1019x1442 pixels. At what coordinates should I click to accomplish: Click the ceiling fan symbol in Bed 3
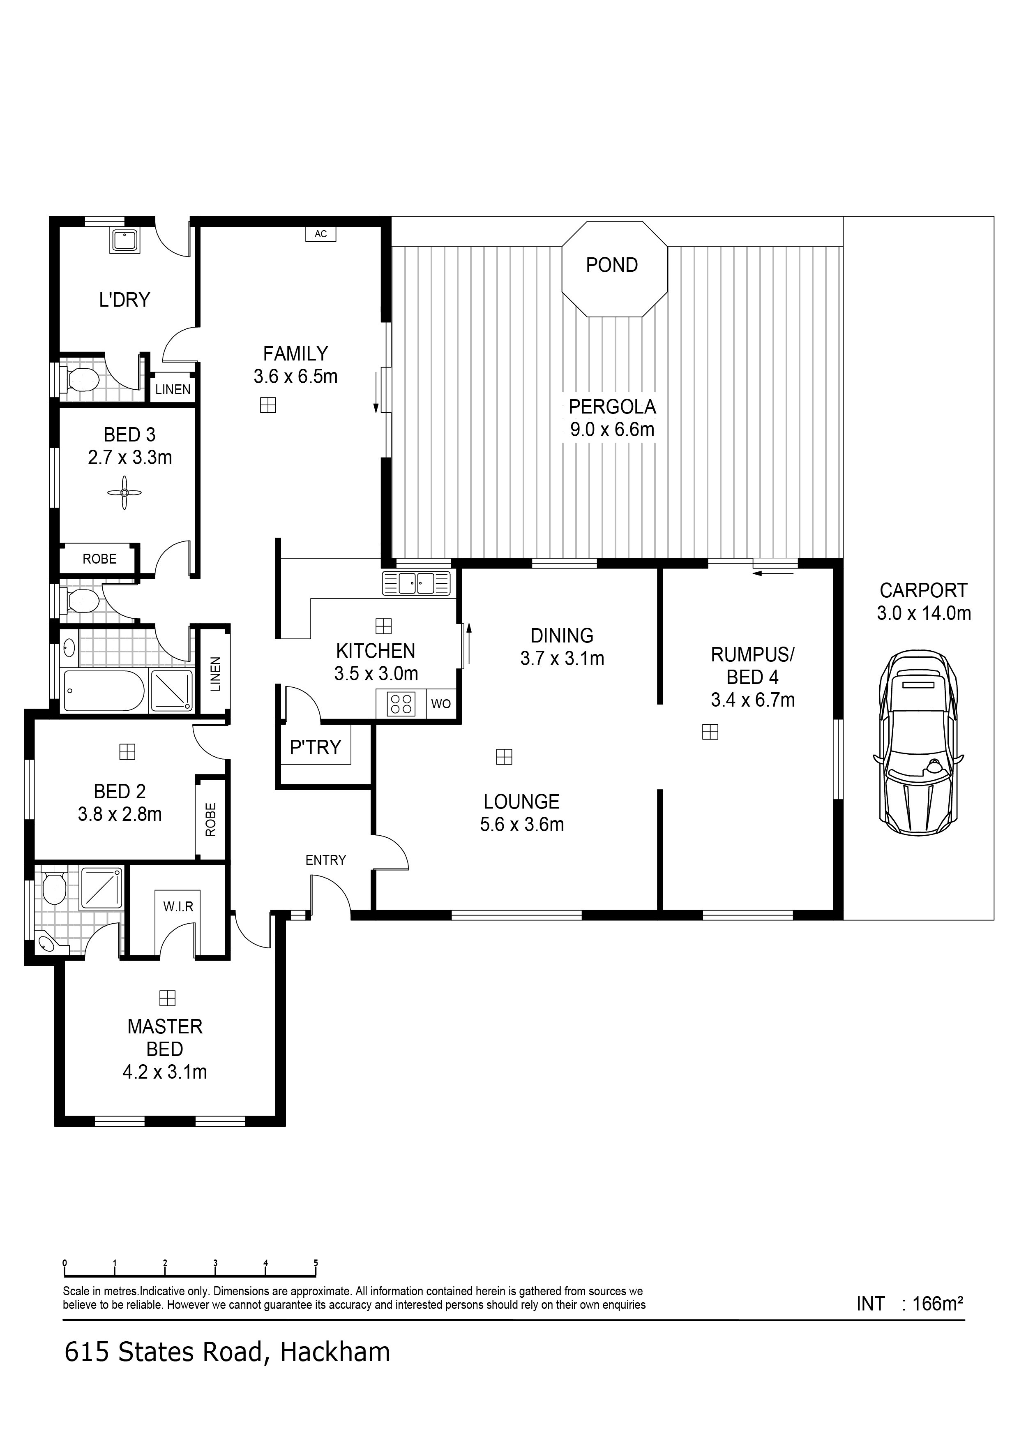coord(124,492)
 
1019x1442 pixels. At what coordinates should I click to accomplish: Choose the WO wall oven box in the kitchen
coord(441,704)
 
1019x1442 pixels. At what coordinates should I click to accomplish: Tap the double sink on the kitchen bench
coord(416,583)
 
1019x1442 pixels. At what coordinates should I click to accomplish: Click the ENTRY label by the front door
coord(326,860)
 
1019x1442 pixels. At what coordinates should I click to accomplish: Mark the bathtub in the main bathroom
coord(104,691)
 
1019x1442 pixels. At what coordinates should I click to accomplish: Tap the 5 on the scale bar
coord(316,1263)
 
